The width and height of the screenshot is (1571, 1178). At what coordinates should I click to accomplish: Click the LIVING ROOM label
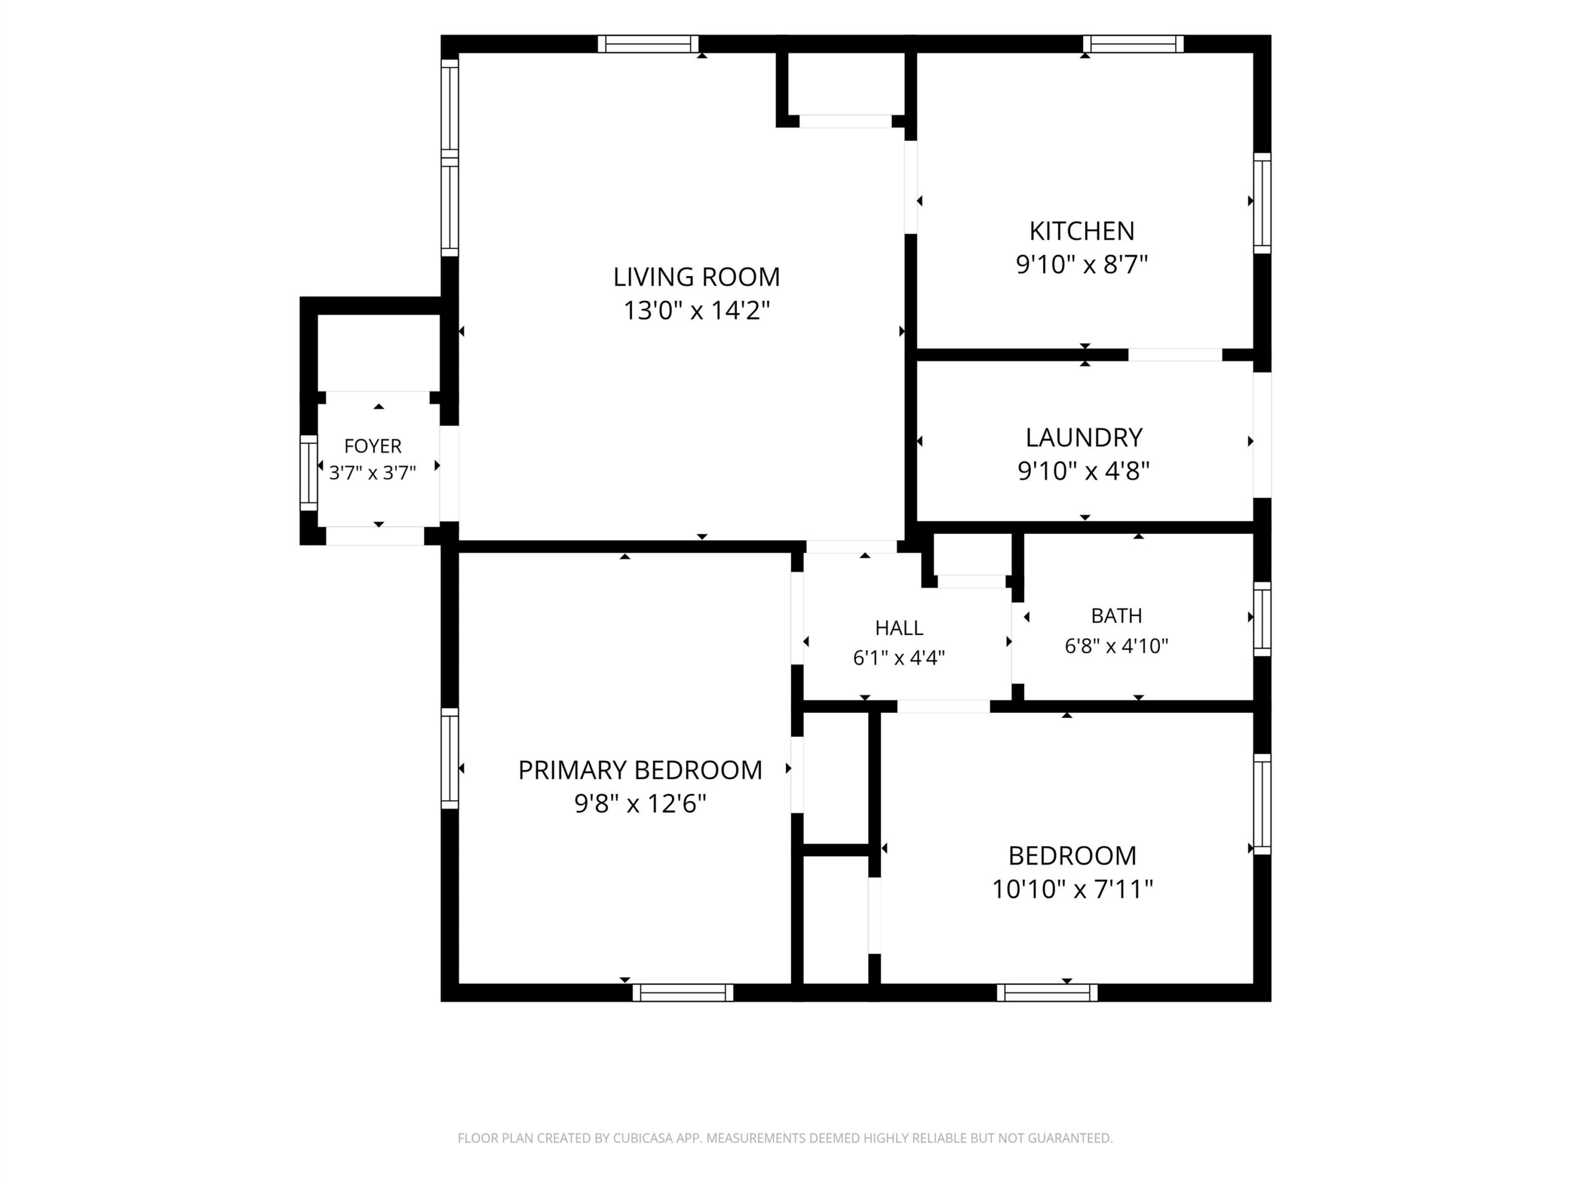696,277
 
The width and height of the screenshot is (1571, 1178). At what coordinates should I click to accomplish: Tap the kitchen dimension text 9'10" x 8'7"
1082,265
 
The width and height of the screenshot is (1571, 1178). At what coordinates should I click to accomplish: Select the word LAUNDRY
1084,437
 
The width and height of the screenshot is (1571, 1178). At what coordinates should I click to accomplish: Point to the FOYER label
373,446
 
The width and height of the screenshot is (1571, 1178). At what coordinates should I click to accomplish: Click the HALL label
899,628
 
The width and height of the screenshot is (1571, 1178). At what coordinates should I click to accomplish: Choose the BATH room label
1116,615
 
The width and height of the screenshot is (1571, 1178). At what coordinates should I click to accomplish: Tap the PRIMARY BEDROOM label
640,770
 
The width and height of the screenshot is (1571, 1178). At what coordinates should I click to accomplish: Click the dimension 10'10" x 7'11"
1071,889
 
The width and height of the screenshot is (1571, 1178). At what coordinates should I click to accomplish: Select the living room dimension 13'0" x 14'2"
696,310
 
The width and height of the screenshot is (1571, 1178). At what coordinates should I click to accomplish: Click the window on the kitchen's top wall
1133,44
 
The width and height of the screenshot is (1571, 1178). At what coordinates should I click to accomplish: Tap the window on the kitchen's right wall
1262,203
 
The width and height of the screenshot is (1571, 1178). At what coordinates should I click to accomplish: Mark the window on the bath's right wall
1262,619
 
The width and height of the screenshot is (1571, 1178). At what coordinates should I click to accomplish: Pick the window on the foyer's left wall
308,473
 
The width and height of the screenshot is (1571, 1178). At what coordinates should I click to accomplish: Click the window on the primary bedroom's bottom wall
682,993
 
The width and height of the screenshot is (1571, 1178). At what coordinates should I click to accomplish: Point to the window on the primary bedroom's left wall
450,758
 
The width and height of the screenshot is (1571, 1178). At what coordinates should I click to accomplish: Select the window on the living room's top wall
647,44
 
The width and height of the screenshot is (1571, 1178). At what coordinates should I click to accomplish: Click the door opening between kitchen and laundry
1175,355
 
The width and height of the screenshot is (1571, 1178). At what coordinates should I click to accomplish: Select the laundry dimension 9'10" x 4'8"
1084,471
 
